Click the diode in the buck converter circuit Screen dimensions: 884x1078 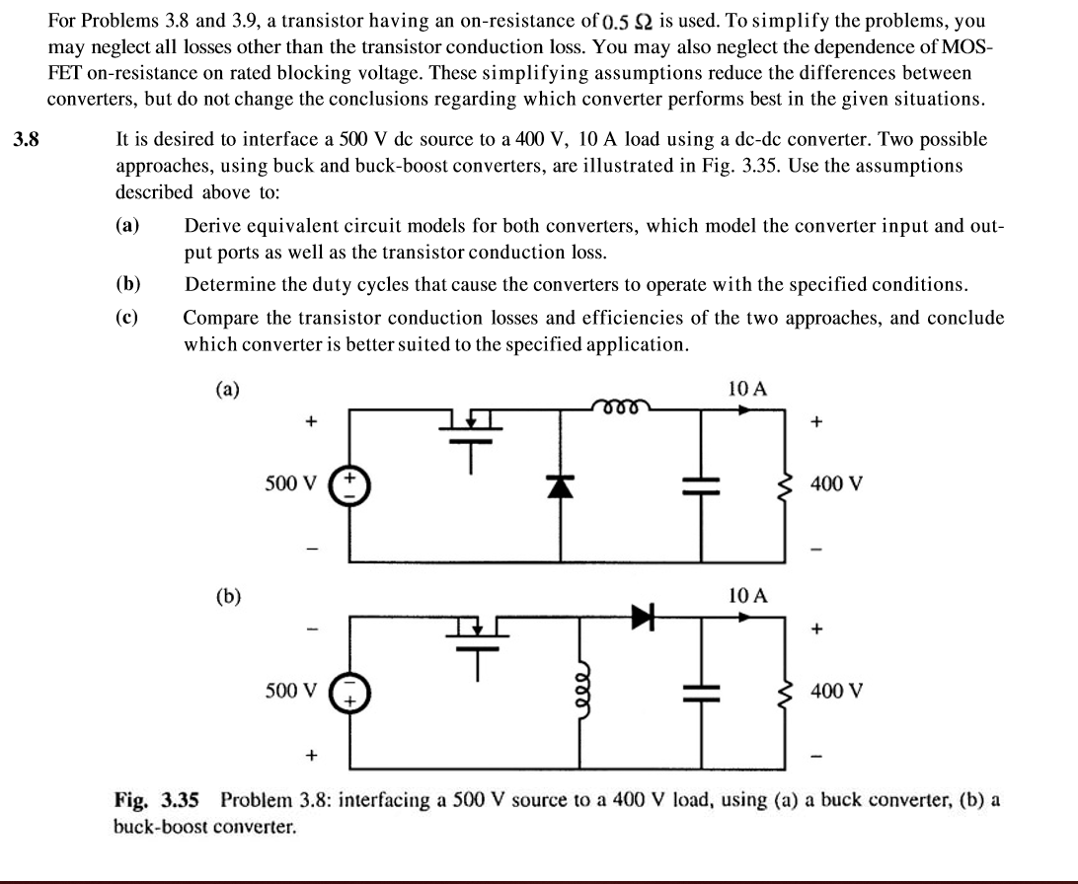click(563, 487)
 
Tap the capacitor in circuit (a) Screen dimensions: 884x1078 click(702, 486)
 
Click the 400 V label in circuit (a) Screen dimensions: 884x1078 click(836, 484)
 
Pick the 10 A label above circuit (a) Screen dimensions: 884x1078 click(747, 389)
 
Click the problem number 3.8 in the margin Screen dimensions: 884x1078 click(27, 139)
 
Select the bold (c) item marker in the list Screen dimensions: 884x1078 click(126, 318)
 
